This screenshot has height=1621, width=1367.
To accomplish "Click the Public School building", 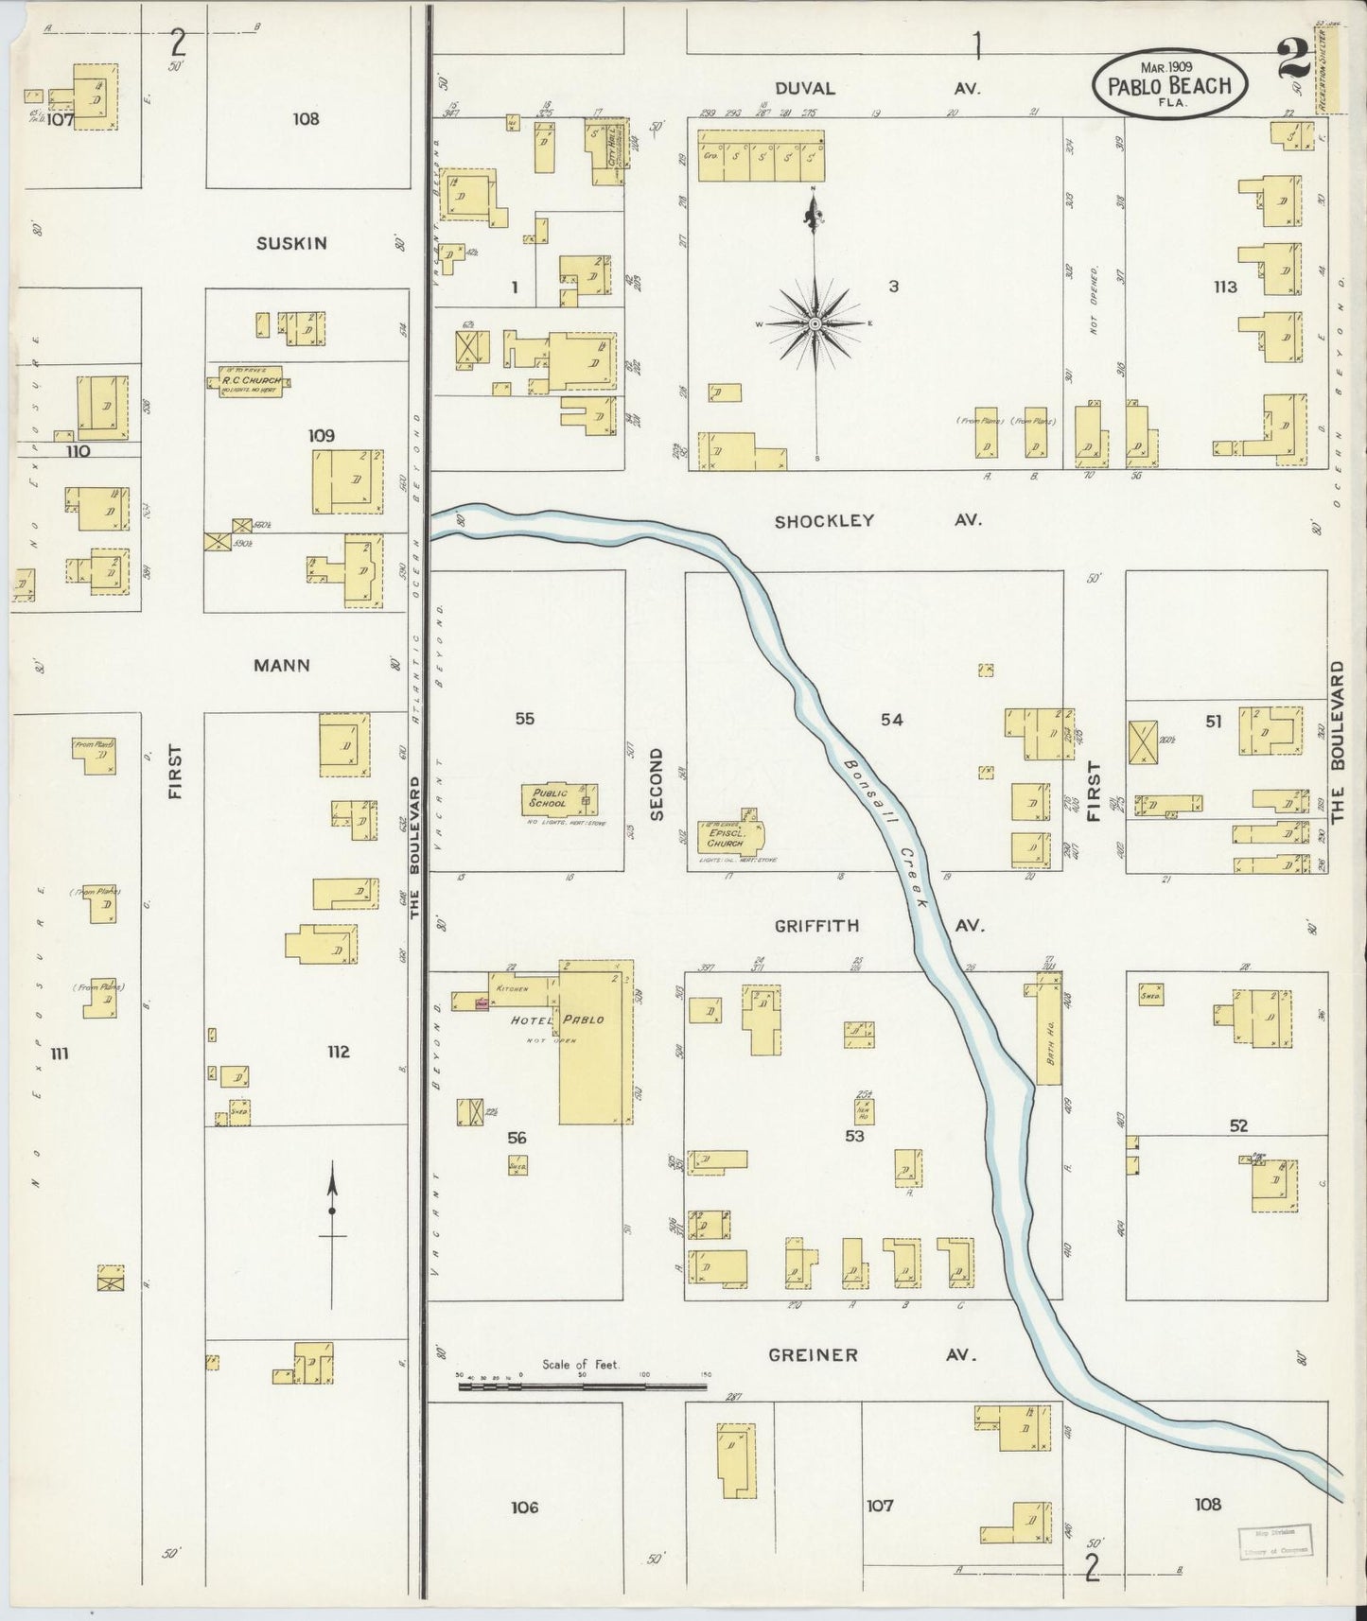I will coord(559,800).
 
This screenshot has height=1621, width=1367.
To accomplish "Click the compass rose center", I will coord(815,323).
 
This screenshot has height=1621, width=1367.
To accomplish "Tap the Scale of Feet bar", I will coord(582,1386).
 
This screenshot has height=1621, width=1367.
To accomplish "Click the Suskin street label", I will coord(291,243).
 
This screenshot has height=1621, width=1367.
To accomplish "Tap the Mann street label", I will coord(282,665).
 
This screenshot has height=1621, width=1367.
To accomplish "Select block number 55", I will coord(524,719).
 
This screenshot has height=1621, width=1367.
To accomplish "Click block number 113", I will coord(1225,287).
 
